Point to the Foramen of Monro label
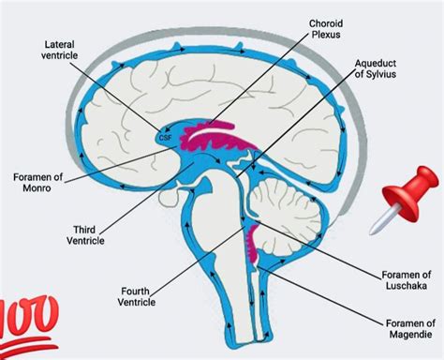point(38,181)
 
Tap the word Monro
point(39,187)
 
